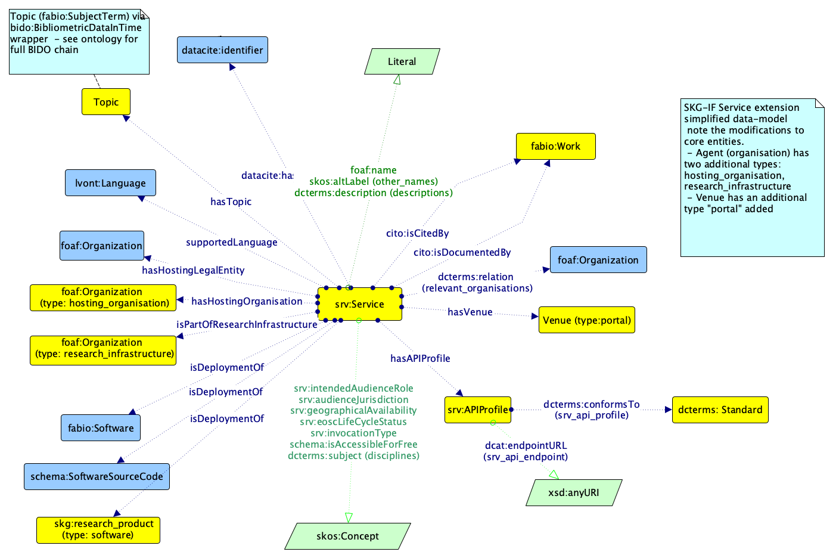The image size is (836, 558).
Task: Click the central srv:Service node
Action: pos(359,304)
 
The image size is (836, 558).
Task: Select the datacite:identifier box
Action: pos(222,50)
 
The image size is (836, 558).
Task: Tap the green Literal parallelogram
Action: pos(402,61)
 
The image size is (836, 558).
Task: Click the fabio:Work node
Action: pos(555,146)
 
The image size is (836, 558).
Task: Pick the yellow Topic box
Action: pos(106,102)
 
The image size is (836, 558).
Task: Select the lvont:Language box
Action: pos(110,183)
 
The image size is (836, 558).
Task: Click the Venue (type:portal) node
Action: pos(586,320)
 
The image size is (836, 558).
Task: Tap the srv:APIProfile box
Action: pos(477,410)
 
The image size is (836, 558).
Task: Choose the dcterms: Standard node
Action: pos(720,410)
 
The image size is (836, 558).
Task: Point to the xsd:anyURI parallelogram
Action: pos(574,493)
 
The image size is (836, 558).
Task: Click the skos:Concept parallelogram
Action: pos(347,536)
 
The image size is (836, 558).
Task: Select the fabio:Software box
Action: pos(101,428)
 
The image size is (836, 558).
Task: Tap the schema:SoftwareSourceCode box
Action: pos(97,476)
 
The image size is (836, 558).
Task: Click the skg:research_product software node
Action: pos(98,530)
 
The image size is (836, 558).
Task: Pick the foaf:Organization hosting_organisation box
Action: pos(103,297)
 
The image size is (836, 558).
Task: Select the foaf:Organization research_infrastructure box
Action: pos(103,348)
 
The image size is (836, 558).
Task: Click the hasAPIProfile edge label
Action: pos(420,358)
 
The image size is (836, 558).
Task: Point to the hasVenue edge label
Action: pos(470,312)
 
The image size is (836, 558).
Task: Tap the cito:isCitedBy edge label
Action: pos(417,233)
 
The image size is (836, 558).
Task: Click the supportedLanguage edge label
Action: pos(231,242)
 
